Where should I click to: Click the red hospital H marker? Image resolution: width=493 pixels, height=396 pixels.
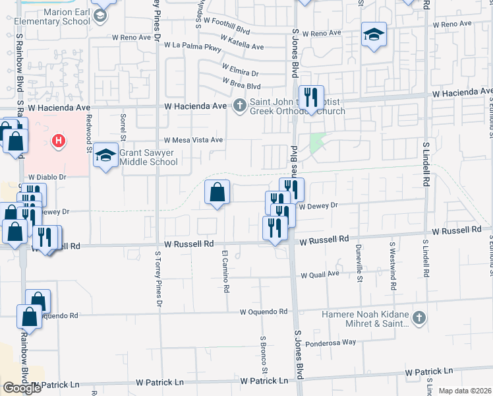click(59, 141)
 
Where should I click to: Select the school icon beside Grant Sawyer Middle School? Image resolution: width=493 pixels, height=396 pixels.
click(105, 156)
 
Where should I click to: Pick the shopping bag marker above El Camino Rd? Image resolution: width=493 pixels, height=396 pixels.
click(217, 193)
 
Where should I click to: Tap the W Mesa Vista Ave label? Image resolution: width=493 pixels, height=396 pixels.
click(194, 140)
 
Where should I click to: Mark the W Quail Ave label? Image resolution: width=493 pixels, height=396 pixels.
click(320, 275)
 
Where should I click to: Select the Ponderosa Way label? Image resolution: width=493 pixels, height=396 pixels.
click(330, 343)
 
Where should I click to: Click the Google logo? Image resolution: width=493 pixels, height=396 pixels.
click(22, 387)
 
